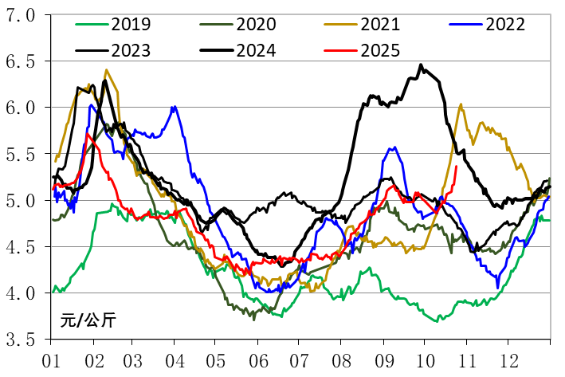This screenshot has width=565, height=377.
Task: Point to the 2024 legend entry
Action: click(x=253, y=50)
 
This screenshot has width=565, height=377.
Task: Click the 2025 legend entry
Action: click(x=379, y=50)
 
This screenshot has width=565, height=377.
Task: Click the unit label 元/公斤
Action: click(x=88, y=321)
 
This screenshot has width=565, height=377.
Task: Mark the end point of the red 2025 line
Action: click(x=456, y=166)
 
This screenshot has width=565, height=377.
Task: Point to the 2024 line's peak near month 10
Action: click(x=421, y=65)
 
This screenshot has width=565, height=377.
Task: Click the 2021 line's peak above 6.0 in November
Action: click(x=461, y=104)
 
